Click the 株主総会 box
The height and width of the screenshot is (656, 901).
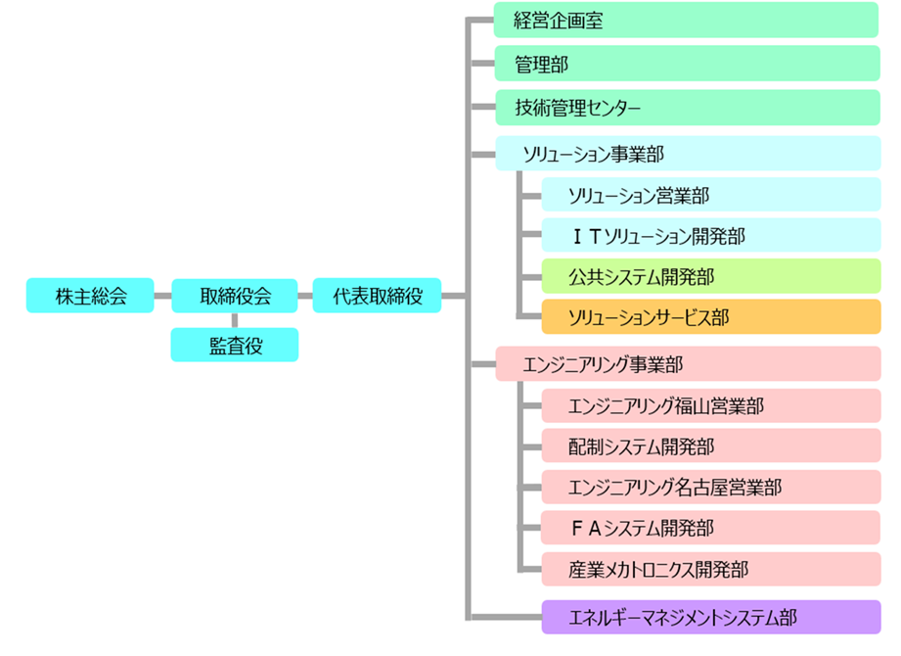pos(90,296)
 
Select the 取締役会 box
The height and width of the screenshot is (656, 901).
pos(235,296)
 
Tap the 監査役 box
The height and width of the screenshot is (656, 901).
pos(235,345)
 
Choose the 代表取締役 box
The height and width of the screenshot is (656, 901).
pos(377,296)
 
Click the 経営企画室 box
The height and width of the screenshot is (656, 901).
pos(686,20)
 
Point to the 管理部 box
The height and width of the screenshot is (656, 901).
pos(686,64)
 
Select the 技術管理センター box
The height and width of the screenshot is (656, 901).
pos(686,107)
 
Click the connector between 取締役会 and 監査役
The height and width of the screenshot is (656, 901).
pos(235,320)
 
